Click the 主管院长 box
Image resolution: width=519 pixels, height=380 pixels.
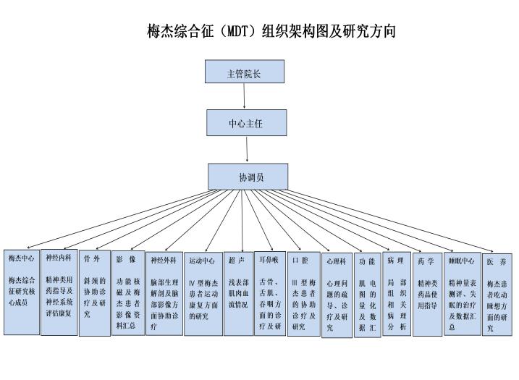(243, 73)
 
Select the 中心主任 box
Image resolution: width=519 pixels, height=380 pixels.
(245, 124)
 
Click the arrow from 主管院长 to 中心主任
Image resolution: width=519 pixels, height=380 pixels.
(245, 97)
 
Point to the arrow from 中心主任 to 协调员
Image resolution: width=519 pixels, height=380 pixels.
(247, 150)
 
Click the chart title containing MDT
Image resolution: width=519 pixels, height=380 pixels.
(271, 32)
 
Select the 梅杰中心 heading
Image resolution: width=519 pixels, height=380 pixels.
(22, 258)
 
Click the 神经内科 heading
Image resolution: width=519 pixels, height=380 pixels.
(58, 258)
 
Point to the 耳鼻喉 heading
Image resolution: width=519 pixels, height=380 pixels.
(269, 258)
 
